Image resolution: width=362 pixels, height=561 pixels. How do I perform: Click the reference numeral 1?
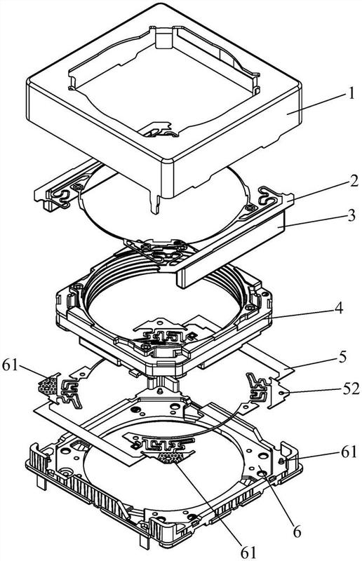point(351,93)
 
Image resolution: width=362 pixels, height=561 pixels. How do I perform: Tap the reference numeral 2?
point(354,182)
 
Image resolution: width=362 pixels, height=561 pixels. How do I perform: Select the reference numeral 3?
point(352,215)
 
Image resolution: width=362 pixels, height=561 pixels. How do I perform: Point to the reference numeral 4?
point(338,308)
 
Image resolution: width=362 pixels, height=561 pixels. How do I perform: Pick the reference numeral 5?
point(342,358)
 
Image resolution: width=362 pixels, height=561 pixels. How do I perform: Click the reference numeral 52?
point(350,389)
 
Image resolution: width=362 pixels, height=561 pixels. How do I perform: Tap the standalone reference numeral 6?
point(297,532)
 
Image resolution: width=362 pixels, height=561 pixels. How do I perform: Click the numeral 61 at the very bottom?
point(248,553)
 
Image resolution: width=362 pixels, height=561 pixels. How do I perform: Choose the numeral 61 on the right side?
point(349,452)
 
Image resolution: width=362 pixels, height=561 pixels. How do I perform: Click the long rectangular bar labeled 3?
point(231,247)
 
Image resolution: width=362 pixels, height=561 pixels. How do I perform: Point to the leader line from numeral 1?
point(316,104)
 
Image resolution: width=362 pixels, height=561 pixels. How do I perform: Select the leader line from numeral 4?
point(302,312)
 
